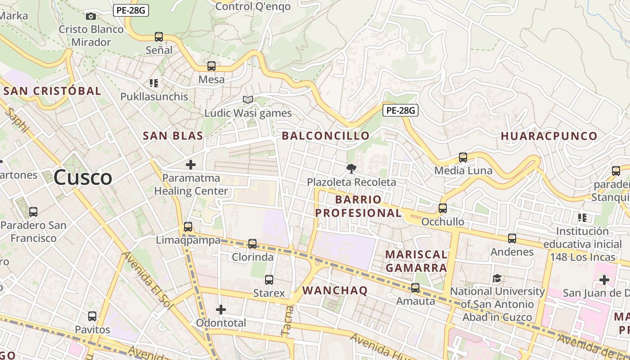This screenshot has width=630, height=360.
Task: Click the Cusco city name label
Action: (83, 178)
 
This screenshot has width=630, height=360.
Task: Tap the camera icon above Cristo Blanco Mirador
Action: (91, 17)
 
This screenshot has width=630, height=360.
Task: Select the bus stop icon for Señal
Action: (159, 37)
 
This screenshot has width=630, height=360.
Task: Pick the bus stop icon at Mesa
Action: (211, 66)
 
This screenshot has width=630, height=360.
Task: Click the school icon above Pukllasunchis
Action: (154, 83)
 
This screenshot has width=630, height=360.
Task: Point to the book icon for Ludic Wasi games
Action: (248, 99)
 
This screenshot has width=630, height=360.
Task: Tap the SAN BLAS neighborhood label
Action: (173, 136)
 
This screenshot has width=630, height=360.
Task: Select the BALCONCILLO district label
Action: (325, 136)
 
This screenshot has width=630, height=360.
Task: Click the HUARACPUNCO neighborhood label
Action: (549, 136)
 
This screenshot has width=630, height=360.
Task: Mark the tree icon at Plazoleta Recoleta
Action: (351, 169)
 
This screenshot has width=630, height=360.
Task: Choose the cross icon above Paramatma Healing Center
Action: (191, 165)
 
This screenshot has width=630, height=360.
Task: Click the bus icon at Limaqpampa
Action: (188, 227)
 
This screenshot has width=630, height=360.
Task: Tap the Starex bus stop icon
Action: (269, 280)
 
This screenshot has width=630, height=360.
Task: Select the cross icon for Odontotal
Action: (221, 310)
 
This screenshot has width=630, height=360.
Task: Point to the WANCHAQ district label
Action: (335, 291)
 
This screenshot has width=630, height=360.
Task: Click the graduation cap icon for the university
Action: (497, 278)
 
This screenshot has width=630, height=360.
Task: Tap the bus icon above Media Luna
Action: (463, 157)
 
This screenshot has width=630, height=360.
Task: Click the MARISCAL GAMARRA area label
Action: (416, 261)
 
